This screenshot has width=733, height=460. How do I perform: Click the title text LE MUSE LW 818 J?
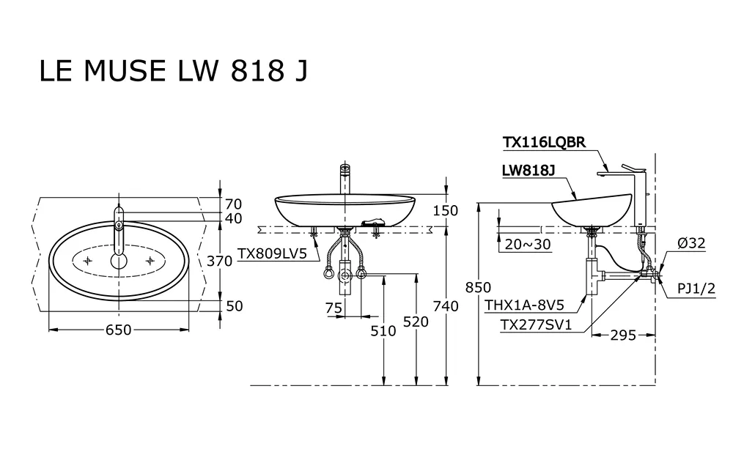tap(174, 70)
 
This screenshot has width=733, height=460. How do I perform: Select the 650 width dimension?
tap(118, 330)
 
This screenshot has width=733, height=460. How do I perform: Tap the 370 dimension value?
tap(220, 261)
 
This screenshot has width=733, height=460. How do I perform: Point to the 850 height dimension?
tap(478, 287)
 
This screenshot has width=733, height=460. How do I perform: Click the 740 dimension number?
tap(446, 306)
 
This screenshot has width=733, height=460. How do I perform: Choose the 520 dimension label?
tap(416, 322)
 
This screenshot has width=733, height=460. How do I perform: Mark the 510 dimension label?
tap(383, 330)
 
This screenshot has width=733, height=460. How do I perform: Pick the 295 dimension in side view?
tap(623, 335)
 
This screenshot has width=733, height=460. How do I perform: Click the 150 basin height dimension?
tap(446, 211)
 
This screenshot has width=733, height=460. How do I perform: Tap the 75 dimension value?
tap(334, 308)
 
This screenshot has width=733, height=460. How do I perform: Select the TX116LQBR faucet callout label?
tap(544, 142)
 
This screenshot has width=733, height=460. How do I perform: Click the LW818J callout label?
tap(528, 171)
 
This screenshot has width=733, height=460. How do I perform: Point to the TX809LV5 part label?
tap(273, 253)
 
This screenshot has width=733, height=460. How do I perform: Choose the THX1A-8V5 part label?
tap(525, 305)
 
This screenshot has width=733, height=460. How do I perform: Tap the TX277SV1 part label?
tap(537, 324)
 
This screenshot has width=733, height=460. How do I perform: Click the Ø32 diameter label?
tap(691, 243)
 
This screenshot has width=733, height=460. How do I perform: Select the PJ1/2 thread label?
tap(696, 289)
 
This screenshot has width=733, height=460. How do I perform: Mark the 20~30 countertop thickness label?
tap(528, 244)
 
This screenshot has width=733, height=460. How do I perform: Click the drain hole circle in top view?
tap(119, 261)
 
